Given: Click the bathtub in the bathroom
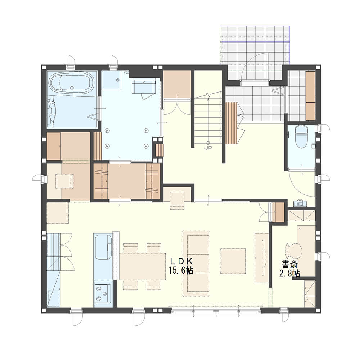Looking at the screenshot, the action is point(72,85).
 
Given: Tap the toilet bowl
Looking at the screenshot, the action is point(301,137).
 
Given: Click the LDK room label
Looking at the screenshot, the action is point(181,261).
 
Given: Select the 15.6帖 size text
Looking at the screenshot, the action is point(181,270).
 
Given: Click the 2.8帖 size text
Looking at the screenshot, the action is point(289,274).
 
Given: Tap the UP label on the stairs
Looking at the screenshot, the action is point(208,148).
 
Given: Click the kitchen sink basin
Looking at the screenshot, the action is point(103,247).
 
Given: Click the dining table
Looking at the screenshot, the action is point(142,266).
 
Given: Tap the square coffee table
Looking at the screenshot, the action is point(233,261).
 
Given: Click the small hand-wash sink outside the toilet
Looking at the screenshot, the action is point(300,203).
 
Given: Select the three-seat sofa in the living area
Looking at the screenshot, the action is point(196,264).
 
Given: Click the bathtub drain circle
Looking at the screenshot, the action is point(72,87).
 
